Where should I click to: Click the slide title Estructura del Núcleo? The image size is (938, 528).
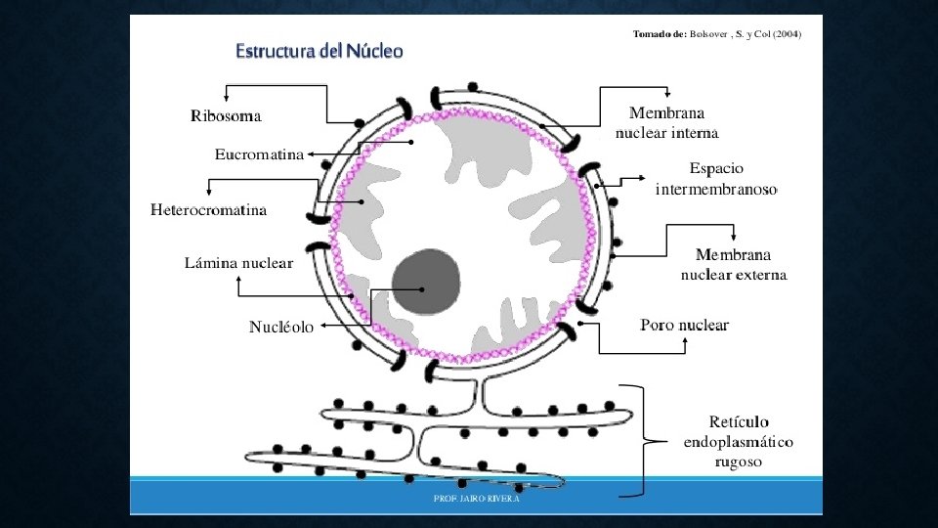pyautogui.click(x=319, y=51)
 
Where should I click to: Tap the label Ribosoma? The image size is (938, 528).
pyautogui.click(x=226, y=116)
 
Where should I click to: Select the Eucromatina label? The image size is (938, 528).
pyautogui.click(x=259, y=154)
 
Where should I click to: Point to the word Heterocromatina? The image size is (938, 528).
pyautogui.click(x=209, y=209)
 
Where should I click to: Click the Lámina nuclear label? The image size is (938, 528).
pyautogui.click(x=239, y=263)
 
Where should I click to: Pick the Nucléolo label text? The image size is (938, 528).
pyautogui.click(x=281, y=328)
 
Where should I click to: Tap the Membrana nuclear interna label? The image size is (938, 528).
pyautogui.click(x=667, y=123)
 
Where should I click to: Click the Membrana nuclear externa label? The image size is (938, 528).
pyautogui.click(x=733, y=264)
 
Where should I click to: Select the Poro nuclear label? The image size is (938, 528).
pyautogui.click(x=684, y=325)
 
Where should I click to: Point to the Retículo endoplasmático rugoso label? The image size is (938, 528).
pyautogui.click(x=738, y=441)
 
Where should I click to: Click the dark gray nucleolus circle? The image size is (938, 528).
pyautogui.click(x=426, y=283)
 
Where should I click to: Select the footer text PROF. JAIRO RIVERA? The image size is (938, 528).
pyautogui.click(x=477, y=498)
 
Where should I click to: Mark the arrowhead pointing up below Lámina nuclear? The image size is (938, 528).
pyautogui.click(x=239, y=281)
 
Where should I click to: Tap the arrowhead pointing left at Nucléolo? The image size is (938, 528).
pyautogui.click(x=323, y=327)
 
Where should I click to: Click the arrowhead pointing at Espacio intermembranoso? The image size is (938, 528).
pyautogui.click(x=641, y=179)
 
